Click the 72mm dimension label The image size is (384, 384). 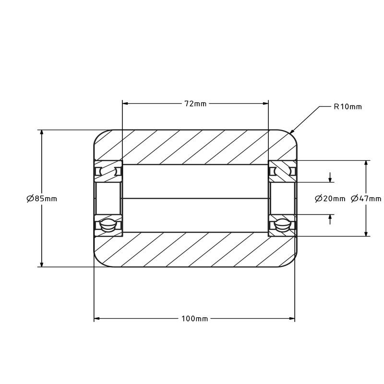tap(195, 104)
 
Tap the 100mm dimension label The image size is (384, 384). tap(195, 319)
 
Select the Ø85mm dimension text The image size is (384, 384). tap(42, 198)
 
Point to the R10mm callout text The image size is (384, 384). tap(348, 107)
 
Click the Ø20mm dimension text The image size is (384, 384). tap(330, 199)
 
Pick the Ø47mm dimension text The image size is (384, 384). tap(366, 198)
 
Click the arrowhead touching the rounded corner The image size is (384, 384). tap(292, 131)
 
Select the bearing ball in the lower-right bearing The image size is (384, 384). tap(282, 225)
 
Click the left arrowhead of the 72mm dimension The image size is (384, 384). tap(125, 104)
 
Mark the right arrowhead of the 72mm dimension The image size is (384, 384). tap(265, 104)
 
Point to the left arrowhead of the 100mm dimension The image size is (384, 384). tap(97, 319)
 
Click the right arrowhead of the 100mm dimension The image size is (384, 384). tap(292, 319)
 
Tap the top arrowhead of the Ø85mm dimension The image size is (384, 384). tap(42, 133)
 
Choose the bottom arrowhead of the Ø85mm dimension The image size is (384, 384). tap(42, 264)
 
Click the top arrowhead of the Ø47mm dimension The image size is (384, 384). tap(366, 164)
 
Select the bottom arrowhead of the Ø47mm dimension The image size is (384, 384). tap(366, 233)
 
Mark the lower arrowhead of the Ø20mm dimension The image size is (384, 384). tap(330, 217)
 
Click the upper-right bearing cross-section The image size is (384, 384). tap(283, 171)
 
